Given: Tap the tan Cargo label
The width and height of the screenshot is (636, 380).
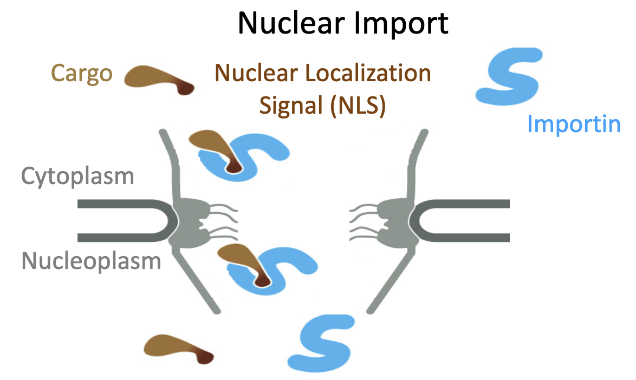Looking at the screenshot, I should pos(82,73).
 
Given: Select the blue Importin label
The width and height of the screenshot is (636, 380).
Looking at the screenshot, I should pos(573,124).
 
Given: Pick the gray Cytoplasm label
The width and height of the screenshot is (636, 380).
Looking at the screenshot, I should pos(77,176).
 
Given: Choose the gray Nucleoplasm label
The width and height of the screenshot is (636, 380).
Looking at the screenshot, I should pos(91,261).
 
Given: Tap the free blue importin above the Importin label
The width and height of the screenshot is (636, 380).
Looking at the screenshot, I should pos(509,76).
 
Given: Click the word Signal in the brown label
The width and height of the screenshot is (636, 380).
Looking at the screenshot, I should pos(291,106).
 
